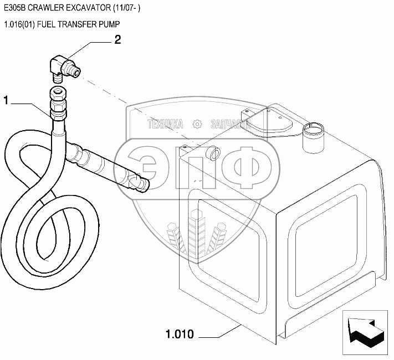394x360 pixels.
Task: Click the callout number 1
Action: pyautogui.click(x=6, y=100)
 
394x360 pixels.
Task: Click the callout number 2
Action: pyautogui.click(x=117, y=39)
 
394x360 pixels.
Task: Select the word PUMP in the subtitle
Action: pyautogui.click(x=110, y=24)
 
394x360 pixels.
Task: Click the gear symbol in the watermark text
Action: pyautogui.click(x=197, y=125)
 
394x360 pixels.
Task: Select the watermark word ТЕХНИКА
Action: pyautogui.click(x=165, y=125)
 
